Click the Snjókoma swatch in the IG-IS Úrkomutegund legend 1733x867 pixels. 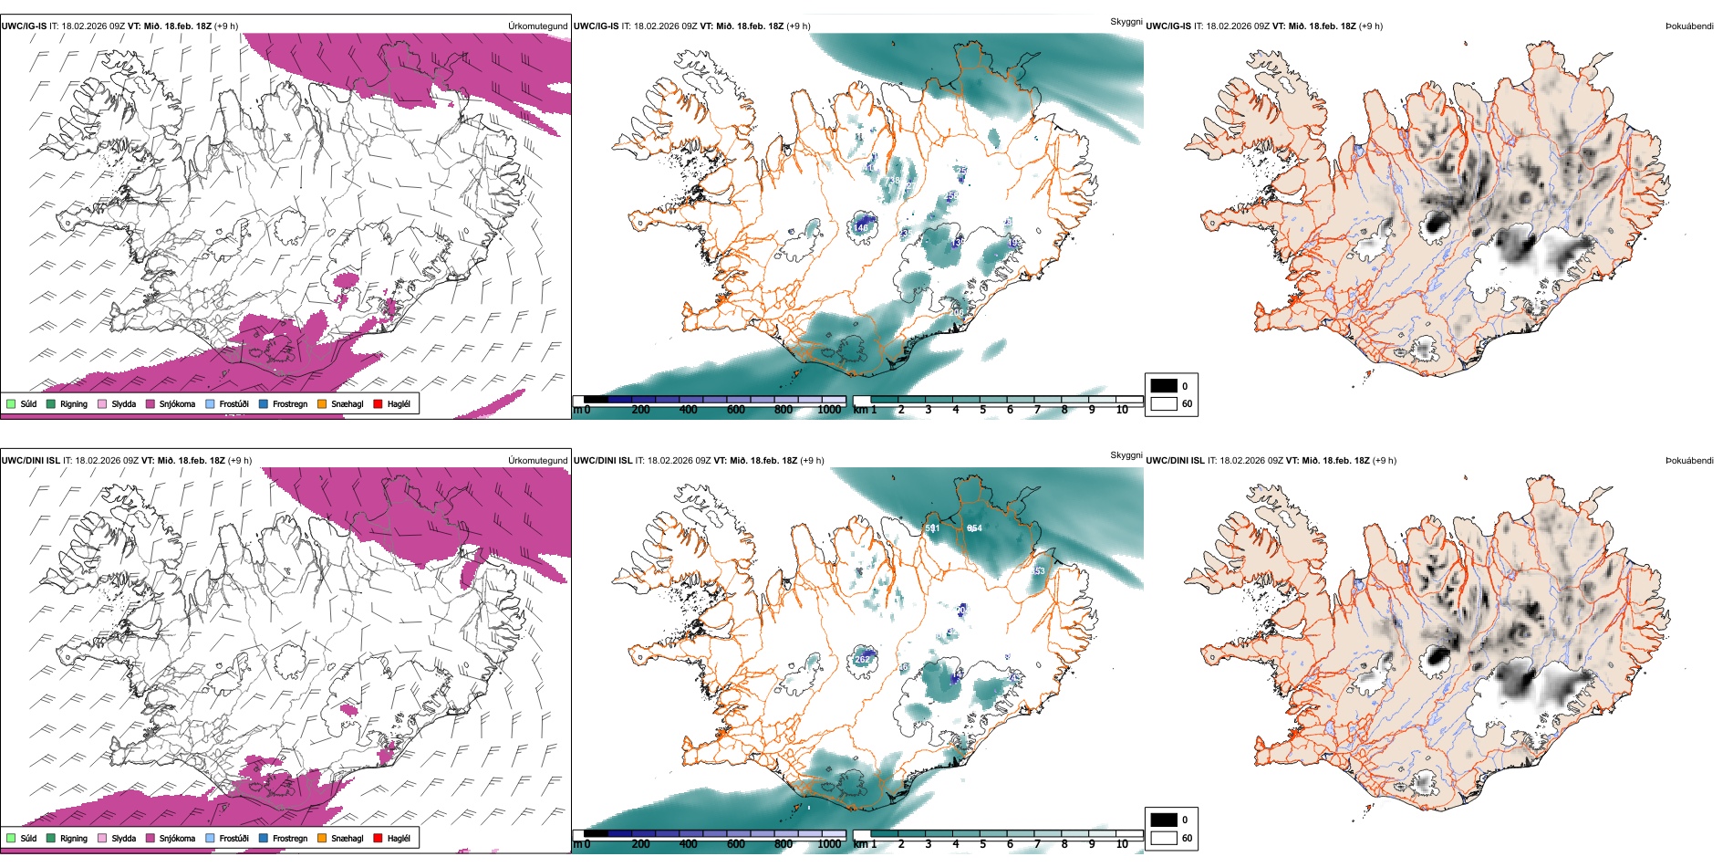150,403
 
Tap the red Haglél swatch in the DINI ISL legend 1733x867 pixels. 379,838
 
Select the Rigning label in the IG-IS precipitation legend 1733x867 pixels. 74,403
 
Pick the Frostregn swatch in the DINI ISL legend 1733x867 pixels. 264,838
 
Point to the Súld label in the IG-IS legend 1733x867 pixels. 28,403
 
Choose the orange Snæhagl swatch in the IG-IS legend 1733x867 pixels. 322,403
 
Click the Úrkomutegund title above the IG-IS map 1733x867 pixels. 537,26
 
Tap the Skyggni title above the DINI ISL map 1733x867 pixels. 1126,455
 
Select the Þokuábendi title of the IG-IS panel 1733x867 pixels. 1689,26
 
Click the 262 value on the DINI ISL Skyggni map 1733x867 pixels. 862,659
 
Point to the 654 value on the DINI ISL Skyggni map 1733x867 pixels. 974,528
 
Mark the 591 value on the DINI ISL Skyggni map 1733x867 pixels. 932,528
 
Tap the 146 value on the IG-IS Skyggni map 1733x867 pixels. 861,228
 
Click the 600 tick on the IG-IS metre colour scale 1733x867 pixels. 736,410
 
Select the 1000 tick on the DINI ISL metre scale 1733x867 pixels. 829,844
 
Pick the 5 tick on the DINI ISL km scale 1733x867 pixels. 983,844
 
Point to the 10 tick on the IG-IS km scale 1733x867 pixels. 1122,410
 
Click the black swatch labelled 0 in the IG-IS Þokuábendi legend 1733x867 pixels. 1164,386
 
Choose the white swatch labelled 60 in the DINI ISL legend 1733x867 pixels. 1164,838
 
